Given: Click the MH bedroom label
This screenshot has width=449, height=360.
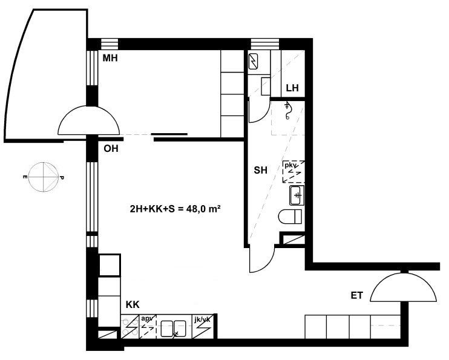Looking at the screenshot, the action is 110,59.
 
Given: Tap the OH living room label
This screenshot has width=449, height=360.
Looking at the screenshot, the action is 111,149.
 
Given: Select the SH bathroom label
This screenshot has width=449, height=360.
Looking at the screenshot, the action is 261,171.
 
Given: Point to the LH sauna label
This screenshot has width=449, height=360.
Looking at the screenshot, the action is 292,88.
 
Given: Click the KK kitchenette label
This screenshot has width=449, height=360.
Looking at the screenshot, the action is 133,305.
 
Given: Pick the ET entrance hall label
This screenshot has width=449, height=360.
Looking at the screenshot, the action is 357,295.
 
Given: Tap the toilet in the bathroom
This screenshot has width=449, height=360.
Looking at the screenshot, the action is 290,216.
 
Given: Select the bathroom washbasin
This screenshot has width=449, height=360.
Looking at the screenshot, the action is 297,195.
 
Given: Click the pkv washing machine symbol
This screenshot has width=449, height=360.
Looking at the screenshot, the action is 293,172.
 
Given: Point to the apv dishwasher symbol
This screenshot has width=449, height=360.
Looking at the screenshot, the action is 148,327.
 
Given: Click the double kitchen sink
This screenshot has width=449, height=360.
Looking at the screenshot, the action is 174,328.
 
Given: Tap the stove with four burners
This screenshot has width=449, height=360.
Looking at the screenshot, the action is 130,327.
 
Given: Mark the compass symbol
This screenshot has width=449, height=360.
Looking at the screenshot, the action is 44,177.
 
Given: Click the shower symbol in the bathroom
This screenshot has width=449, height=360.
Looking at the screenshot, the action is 287,111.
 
